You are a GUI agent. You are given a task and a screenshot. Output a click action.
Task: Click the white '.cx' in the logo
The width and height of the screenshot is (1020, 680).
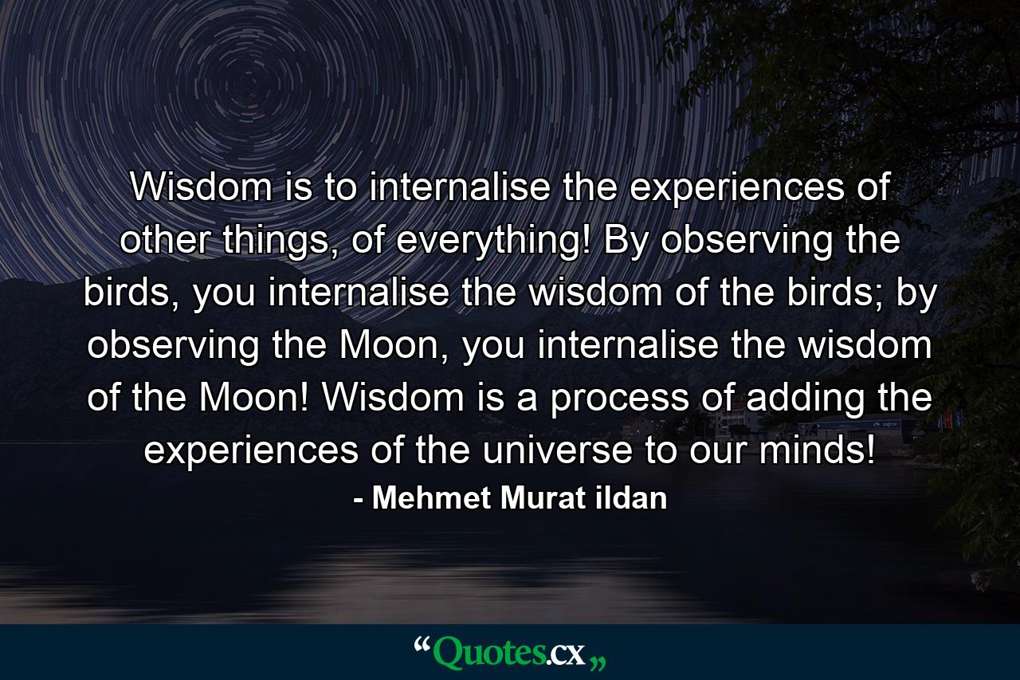565,655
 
